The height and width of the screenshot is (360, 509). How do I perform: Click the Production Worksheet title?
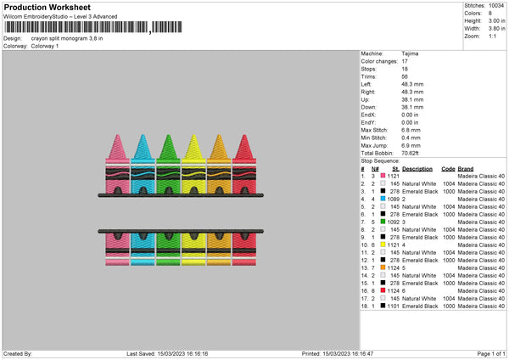[47, 7]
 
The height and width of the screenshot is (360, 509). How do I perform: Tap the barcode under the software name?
[93, 27]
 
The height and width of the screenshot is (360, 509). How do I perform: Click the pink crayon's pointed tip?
[118, 135]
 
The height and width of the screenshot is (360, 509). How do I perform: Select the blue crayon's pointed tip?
[143, 135]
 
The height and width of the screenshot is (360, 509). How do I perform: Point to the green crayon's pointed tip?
[168, 135]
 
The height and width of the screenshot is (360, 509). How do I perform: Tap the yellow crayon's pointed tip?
[193, 135]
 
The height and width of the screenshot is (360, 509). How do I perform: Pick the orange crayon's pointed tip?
[219, 135]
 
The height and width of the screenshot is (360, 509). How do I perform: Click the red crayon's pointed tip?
[244, 135]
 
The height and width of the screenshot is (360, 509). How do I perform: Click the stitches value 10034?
[496, 6]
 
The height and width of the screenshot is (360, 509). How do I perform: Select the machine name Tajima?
[410, 53]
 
